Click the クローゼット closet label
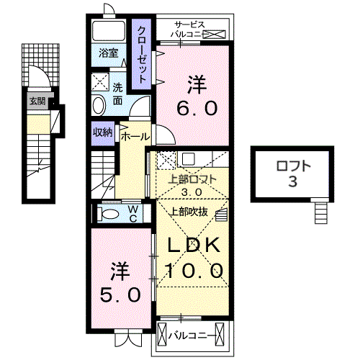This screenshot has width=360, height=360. tap(143, 55)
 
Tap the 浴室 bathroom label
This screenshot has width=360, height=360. tap(107, 53)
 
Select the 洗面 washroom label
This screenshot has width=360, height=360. tap(118, 94)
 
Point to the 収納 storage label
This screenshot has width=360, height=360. tap(102, 132)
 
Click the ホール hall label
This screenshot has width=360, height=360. tap(135, 136)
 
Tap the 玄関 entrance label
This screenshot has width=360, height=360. tap(37, 102)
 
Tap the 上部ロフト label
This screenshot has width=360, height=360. tap(190, 181)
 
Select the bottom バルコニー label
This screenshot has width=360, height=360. tap(190, 335)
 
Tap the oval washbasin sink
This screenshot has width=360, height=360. tap(99, 106)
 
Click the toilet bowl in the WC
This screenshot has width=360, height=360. tap(111, 214)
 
